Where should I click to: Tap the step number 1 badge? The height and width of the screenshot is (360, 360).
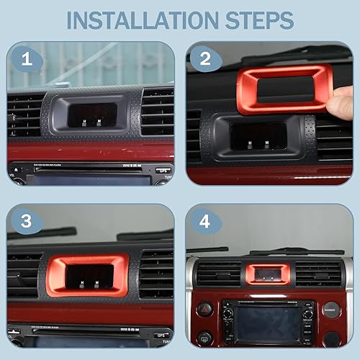click(x=27, y=60)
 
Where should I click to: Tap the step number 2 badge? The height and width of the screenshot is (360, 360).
click(x=205, y=60)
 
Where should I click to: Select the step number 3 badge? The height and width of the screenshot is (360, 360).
click(x=27, y=222)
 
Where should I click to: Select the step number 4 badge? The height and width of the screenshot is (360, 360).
click(x=205, y=222)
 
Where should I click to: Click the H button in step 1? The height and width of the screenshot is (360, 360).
click(x=85, y=123)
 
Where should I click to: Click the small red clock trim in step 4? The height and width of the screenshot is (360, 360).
click(x=268, y=274)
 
